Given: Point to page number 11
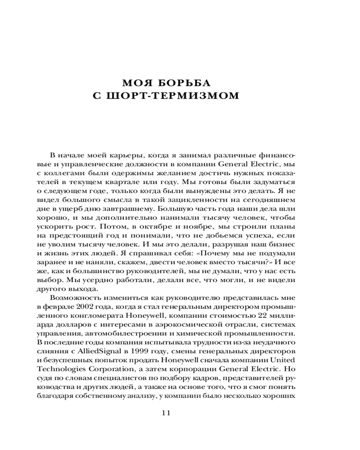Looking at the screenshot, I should (x=166, y=414).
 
